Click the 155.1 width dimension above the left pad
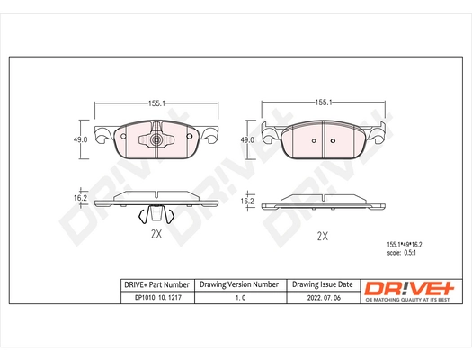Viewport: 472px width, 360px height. click(156, 103)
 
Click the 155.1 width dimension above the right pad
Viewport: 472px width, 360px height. click(326, 103)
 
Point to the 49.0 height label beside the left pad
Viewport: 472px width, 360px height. click(79, 139)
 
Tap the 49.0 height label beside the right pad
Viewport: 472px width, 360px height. click(248, 139)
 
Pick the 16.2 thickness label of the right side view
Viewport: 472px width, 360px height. click(247, 202)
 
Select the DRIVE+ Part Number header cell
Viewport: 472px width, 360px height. click(156, 283)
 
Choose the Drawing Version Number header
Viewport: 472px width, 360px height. click(239, 283)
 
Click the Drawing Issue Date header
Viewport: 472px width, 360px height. click(322, 283)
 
